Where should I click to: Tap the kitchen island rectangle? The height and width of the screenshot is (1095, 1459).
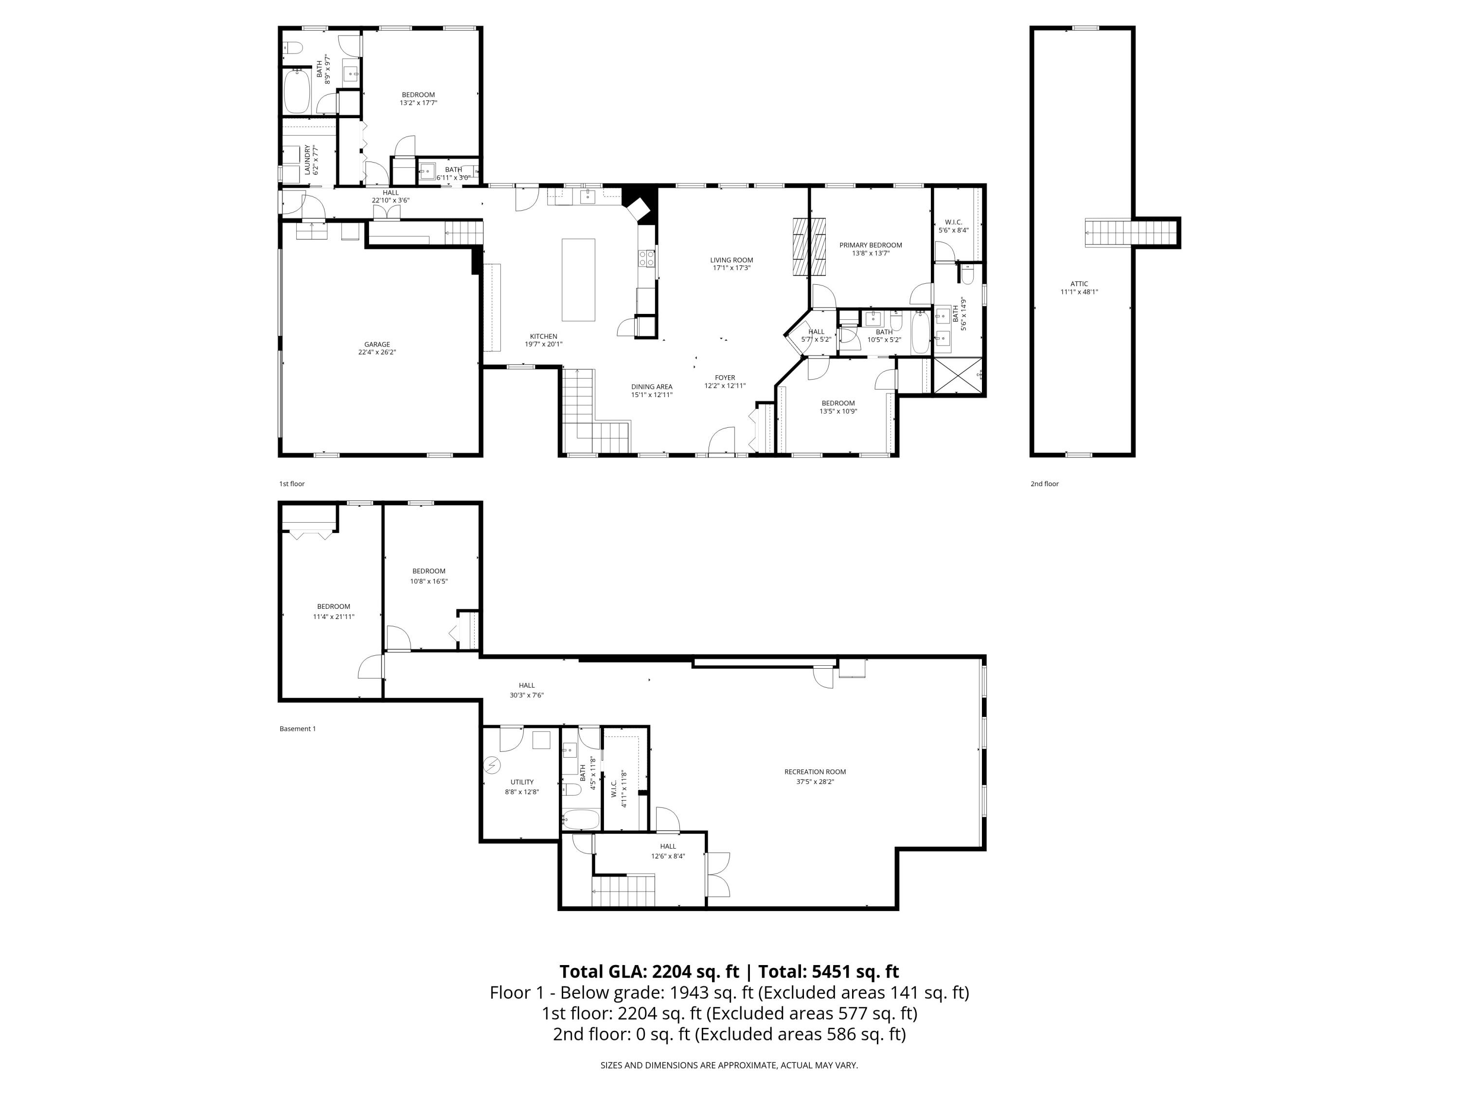[x=578, y=280]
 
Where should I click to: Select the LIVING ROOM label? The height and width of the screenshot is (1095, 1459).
[x=731, y=260]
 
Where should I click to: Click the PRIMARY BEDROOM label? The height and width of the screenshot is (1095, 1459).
[x=870, y=245]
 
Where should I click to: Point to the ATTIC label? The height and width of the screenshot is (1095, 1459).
[x=1079, y=284]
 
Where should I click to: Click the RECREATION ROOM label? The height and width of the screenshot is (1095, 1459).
[x=815, y=771]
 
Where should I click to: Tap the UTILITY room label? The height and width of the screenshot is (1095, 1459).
[x=522, y=782]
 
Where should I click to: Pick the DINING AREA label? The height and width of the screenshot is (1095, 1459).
[x=651, y=387]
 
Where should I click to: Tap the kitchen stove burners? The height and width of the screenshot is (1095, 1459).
[x=646, y=258]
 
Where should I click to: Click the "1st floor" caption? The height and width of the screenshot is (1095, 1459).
[x=291, y=484]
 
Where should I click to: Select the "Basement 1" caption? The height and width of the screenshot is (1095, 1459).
[x=298, y=729]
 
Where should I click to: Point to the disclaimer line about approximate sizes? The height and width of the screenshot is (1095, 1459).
[x=729, y=1065]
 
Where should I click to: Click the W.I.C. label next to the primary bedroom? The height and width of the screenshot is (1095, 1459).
[x=953, y=222]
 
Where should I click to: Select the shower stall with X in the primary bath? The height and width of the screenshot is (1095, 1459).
[x=957, y=376]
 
